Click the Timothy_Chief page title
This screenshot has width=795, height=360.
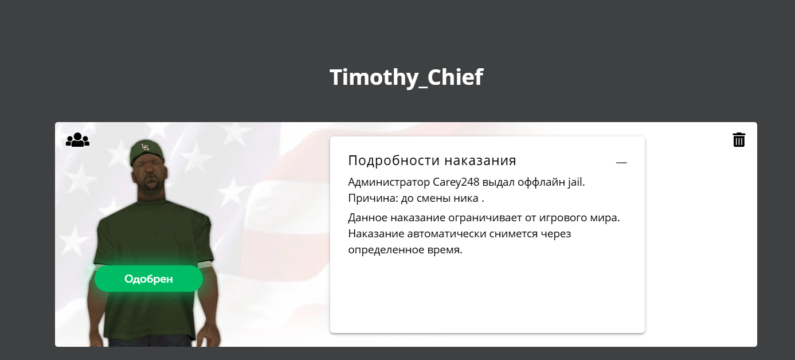coord(406,77)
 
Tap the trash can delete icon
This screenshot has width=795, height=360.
coord(739,139)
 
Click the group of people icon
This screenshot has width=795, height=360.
coord(78,139)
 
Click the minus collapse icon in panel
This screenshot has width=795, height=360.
coord(621,163)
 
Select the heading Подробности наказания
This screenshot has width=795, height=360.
coord(432,161)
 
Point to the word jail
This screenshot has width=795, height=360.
coord(577,182)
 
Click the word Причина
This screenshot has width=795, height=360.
coord(373,198)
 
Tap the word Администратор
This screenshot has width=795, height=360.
coord(389,182)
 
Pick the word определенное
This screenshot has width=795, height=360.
coord(386,250)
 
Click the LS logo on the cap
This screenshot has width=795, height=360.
coord(145,147)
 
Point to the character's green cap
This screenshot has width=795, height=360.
coord(147,152)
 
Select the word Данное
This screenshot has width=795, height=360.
coord(367,218)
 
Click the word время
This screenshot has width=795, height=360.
coord(445,250)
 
